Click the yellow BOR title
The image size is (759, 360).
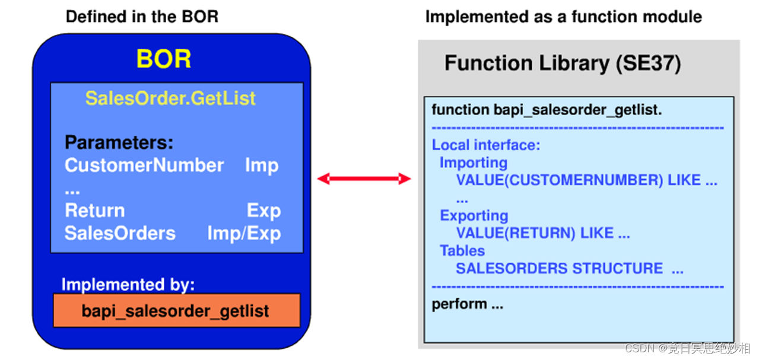pos(164,59)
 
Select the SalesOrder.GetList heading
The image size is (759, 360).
pos(170,98)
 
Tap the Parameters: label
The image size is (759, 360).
pos(119,142)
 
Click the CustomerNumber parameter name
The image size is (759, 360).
pos(144,165)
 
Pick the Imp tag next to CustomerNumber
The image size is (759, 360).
pos(262,165)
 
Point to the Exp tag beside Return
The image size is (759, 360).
pos(263,211)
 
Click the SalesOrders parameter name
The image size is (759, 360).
pos(120,233)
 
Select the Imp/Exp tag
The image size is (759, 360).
pos(244,233)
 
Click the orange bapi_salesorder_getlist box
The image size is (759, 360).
pos(176,311)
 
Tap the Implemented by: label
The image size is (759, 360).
pos(128,285)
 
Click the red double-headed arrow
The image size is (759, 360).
pos(364,179)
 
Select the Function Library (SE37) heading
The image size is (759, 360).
pos(563,63)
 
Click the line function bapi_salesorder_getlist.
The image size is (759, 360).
pos(547,110)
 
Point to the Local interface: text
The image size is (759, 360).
pos(486,145)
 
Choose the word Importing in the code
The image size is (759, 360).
pos(474,163)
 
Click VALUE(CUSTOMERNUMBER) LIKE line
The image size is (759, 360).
pos(586,180)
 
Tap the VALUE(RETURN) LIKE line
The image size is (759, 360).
pos(542,233)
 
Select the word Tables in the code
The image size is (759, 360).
pos(462,251)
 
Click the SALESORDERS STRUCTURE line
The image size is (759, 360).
pos(569,269)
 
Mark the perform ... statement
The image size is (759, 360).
pos(468,304)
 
